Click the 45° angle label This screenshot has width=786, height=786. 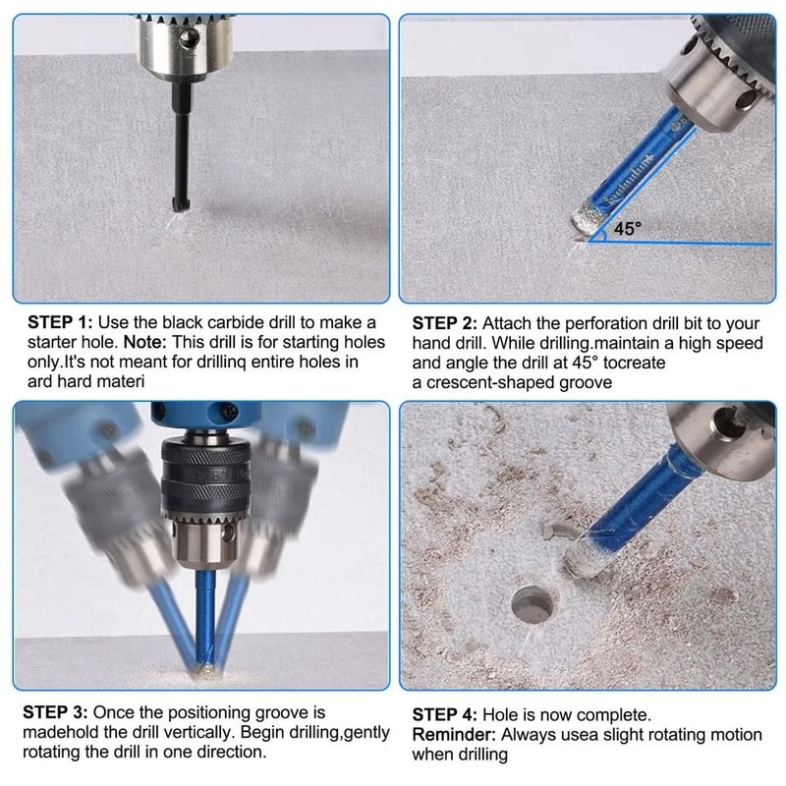628,228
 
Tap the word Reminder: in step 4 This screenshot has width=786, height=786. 453,734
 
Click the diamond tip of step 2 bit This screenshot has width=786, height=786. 588,218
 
